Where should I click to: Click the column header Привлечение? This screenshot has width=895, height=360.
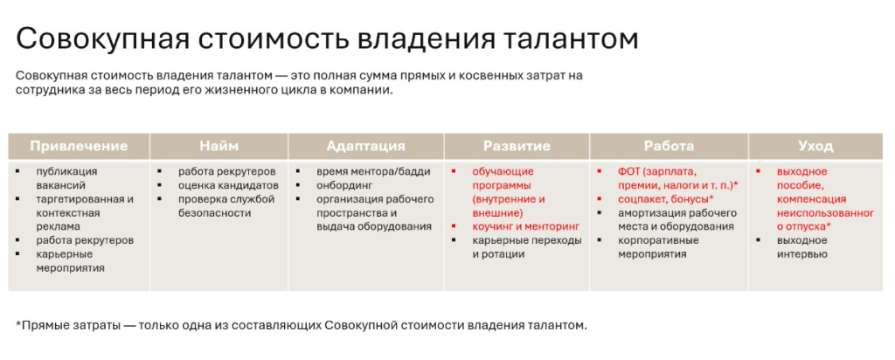(79, 146)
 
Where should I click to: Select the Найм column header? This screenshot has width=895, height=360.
(219, 146)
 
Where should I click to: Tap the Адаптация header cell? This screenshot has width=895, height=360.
(365, 146)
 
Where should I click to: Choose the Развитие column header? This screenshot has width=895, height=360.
(517, 146)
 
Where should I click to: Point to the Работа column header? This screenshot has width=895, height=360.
(669, 146)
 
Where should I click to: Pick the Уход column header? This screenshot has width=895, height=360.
(815, 146)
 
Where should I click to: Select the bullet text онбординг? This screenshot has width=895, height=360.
(344, 185)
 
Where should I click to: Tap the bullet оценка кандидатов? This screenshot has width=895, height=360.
(228, 185)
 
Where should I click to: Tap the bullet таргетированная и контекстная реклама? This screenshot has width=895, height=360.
(84, 212)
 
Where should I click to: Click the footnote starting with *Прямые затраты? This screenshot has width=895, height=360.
(302, 326)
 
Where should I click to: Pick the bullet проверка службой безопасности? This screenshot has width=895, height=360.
(226, 205)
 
